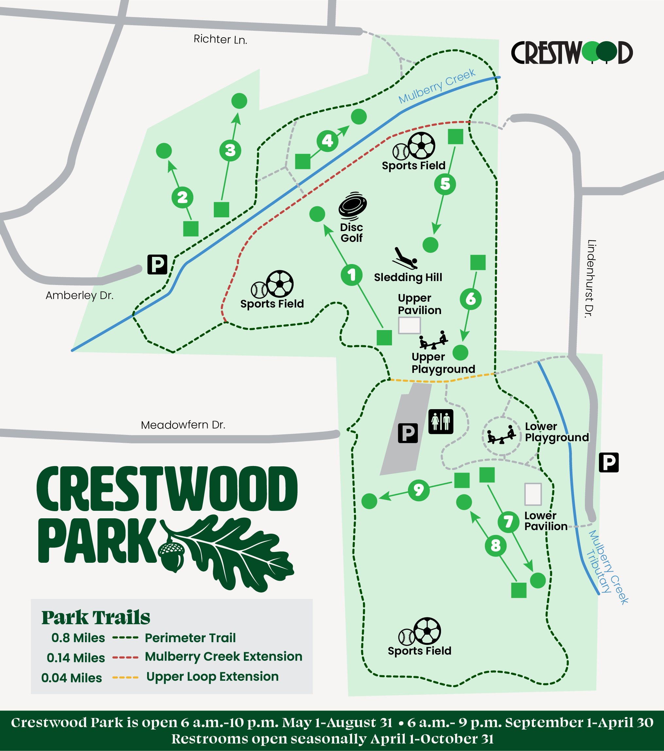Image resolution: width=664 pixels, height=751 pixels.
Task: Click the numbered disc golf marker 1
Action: (352, 275)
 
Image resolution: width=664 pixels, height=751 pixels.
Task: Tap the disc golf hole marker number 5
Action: (445, 184)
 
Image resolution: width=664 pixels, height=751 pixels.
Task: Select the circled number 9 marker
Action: (418, 490)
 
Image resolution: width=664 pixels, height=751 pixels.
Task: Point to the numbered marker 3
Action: (230, 150)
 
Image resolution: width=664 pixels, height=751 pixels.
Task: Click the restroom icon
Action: (441, 422)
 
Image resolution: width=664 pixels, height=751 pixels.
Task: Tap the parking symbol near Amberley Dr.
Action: (157, 264)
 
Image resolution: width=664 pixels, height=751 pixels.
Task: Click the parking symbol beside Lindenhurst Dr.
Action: (608, 462)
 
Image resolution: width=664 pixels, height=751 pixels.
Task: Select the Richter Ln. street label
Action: (220, 39)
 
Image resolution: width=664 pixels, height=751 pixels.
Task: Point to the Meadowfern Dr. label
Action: (183, 425)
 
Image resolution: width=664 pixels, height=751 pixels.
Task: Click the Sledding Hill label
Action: (408, 277)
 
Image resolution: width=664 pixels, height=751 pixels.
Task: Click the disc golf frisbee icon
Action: (352, 206)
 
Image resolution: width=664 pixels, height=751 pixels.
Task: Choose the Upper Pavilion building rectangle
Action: (409, 325)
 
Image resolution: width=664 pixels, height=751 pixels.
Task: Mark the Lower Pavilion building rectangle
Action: (533, 494)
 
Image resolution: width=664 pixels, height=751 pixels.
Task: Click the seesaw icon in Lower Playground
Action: (501, 435)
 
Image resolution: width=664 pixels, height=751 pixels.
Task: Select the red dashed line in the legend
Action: (125, 657)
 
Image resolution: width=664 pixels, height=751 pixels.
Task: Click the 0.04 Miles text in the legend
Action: (71, 677)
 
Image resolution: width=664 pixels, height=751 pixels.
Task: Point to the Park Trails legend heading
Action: (95, 617)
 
